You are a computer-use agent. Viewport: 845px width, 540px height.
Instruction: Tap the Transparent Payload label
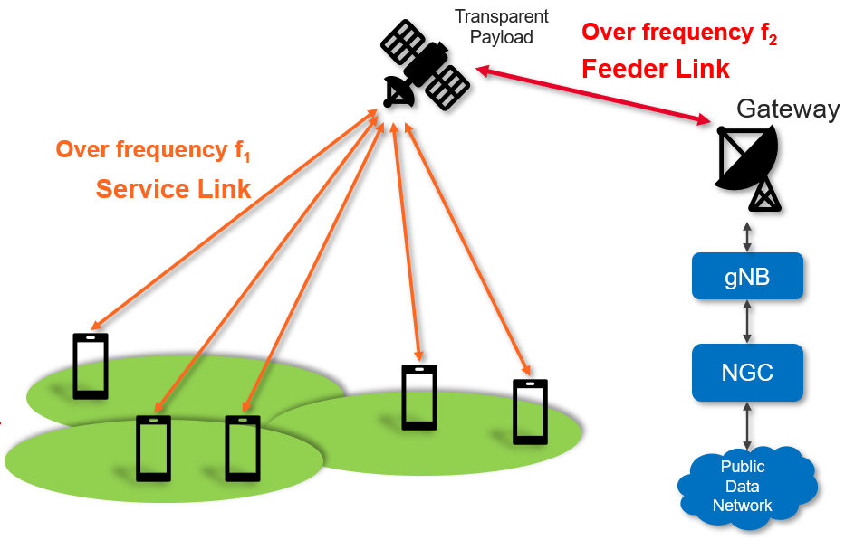tap(501, 27)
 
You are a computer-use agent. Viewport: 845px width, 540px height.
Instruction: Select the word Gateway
tap(788, 109)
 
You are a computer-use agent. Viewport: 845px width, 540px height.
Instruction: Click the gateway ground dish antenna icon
tap(748, 167)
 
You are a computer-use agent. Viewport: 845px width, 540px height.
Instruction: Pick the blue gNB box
tap(747, 276)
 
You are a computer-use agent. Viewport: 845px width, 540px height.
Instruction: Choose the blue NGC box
tap(747, 373)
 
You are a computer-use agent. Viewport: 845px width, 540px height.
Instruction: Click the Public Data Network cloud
tap(747, 487)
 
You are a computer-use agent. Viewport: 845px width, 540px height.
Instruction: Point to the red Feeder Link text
tap(656, 69)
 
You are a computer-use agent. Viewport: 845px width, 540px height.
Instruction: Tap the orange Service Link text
tap(173, 189)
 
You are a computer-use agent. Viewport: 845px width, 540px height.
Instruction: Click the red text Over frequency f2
tap(679, 33)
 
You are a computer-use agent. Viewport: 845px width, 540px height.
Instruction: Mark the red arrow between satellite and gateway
tap(593, 95)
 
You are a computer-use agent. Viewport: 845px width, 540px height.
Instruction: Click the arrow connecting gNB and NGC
tap(747, 322)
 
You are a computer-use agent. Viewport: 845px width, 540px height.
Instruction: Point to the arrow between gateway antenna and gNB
tap(747, 237)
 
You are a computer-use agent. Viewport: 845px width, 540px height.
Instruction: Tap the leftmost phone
tap(91, 366)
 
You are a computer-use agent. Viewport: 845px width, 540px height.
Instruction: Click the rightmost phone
tap(531, 412)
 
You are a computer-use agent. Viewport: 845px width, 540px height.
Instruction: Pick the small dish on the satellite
tap(398, 91)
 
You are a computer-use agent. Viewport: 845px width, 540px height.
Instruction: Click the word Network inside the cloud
tap(742, 506)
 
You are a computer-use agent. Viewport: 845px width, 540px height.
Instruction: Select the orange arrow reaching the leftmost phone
tap(235, 219)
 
